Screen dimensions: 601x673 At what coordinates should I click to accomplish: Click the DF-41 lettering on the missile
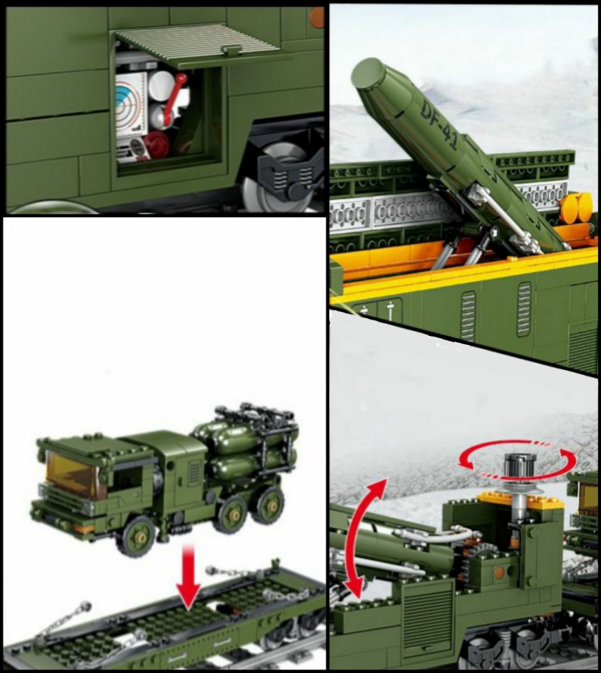(439, 125)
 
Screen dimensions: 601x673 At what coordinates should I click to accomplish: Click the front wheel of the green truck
(138, 535)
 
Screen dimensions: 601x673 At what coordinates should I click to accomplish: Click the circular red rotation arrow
(518, 459)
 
